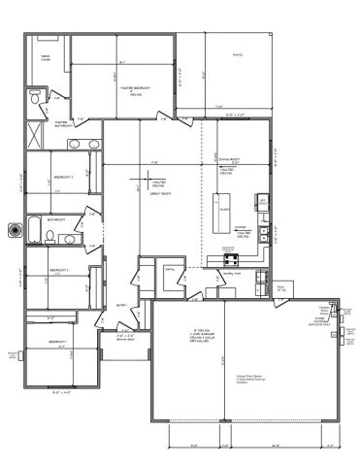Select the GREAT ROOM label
[156, 195]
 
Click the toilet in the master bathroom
[35, 99]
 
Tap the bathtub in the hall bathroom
[35, 230]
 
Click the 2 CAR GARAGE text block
[183, 335]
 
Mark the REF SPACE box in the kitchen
[262, 201]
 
